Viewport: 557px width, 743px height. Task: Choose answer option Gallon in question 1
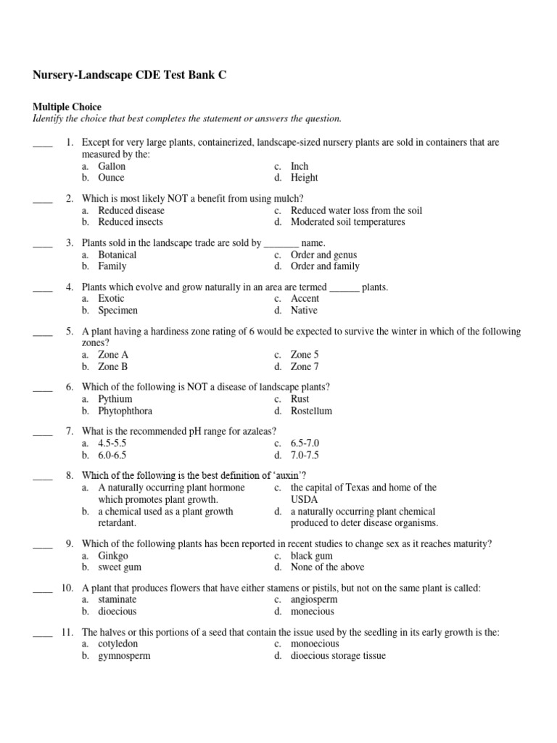coord(112,166)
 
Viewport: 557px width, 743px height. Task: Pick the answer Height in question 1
coord(304,178)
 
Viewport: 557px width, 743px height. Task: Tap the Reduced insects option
coord(131,222)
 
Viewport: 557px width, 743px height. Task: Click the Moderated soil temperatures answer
coord(347,222)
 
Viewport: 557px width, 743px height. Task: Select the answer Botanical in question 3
coord(117,255)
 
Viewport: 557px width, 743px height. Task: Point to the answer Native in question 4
coord(304,311)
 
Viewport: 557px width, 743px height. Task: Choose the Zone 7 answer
coord(305,366)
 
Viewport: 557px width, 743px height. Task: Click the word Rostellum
coord(311,411)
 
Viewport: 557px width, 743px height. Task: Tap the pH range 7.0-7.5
coord(305,455)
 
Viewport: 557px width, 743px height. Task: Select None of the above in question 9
coord(327,567)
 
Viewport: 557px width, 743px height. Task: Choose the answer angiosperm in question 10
coord(314,600)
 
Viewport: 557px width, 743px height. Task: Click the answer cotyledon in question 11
coord(118,644)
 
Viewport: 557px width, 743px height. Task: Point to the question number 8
coord(70,475)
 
